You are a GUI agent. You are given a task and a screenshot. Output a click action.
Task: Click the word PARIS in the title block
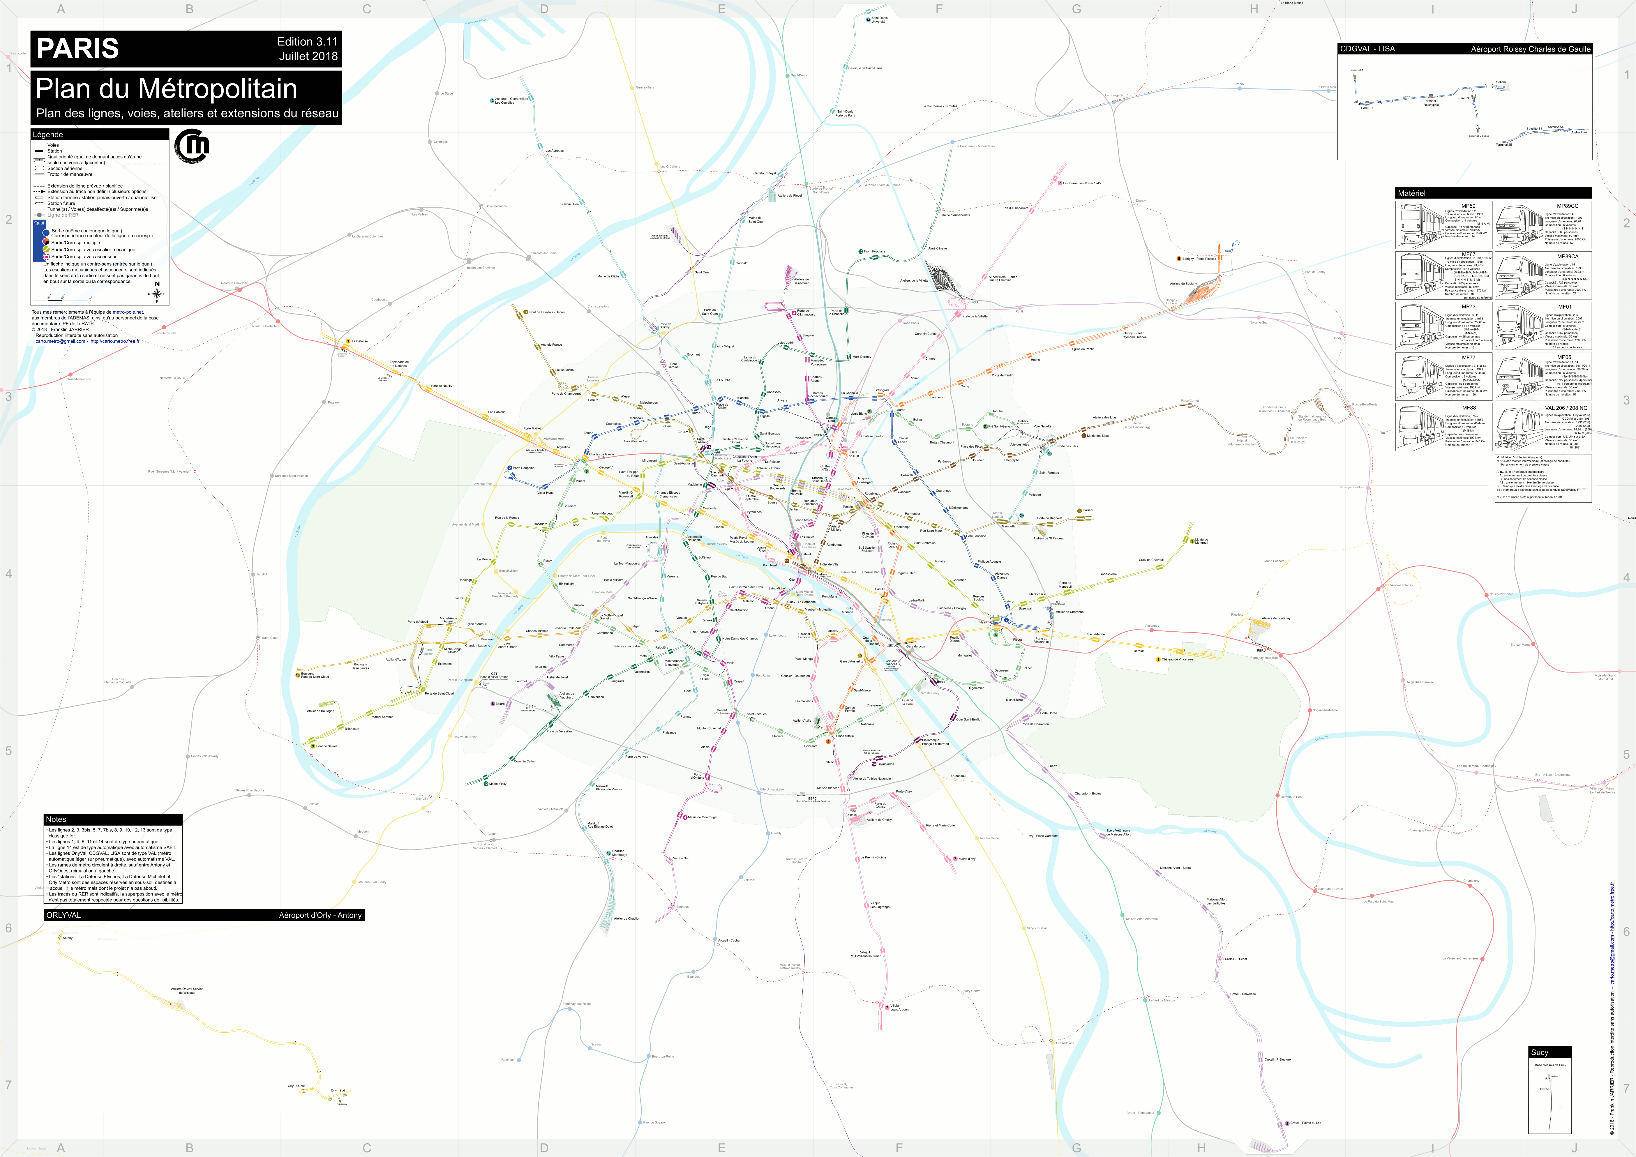(x=78, y=48)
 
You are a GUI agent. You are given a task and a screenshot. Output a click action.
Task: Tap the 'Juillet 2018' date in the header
(x=308, y=56)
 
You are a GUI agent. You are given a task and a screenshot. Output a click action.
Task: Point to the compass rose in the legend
(x=157, y=292)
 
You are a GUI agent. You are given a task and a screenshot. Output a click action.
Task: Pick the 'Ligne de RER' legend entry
(x=63, y=215)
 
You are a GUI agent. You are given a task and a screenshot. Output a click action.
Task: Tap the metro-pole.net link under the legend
(x=128, y=312)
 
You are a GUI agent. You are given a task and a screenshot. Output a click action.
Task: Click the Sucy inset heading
(x=1540, y=1052)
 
